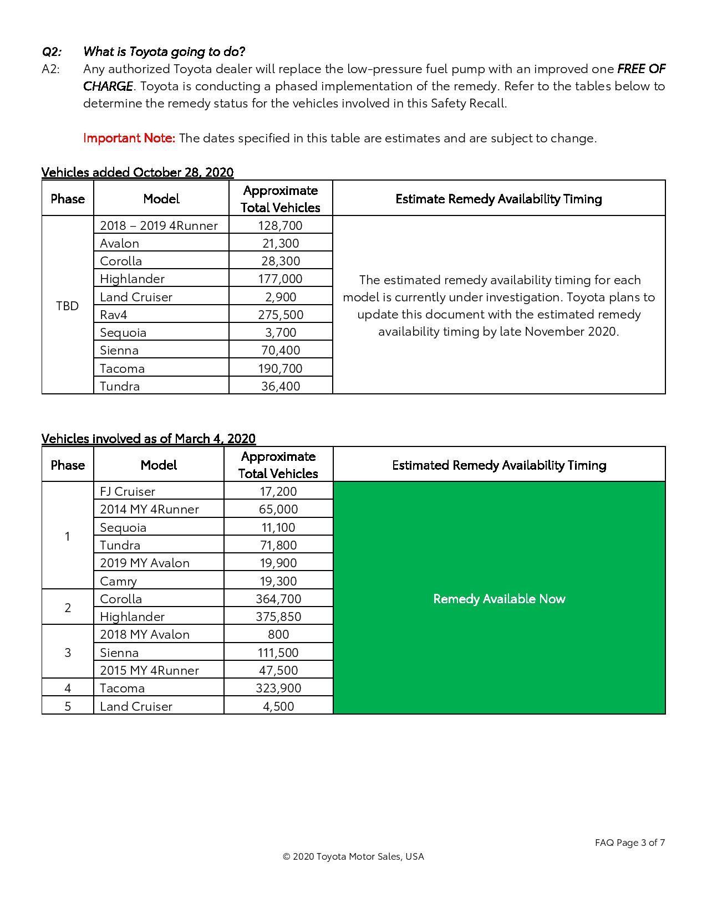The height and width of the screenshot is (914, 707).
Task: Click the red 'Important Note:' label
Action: [129, 138]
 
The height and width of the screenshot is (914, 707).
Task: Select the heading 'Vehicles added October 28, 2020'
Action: [138, 172]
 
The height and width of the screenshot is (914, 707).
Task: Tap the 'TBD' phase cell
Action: [67, 306]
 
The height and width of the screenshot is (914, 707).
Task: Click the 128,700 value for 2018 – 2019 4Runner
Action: [280, 225]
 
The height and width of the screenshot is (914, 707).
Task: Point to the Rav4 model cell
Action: [114, 315]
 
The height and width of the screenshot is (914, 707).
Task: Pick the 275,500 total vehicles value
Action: [280, 315]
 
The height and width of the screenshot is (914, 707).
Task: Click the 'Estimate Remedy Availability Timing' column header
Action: [499, 199]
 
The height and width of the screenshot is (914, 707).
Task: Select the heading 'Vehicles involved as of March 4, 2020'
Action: [149, 439]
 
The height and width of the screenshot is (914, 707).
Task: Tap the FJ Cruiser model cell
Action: [128, 491]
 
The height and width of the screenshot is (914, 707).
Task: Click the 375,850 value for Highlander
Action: [278, 617]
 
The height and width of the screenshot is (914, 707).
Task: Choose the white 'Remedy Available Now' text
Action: [499, 599]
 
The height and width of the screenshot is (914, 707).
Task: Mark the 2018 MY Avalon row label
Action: [145, 634]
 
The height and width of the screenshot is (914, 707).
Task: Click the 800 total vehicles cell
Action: [278, 634]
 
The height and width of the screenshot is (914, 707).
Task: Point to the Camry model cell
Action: [118, 581]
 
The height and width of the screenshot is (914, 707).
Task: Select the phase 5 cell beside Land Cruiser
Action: [68, 706]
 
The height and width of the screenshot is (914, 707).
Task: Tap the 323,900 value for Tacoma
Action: [278, 688]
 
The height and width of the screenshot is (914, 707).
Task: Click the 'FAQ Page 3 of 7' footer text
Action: [630, 843]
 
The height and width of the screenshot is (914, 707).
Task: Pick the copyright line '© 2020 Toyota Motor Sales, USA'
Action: [353, 856]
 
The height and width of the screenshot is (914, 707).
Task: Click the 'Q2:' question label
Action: [52, 52]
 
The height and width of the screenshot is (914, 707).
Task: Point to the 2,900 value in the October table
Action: [281, 297]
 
